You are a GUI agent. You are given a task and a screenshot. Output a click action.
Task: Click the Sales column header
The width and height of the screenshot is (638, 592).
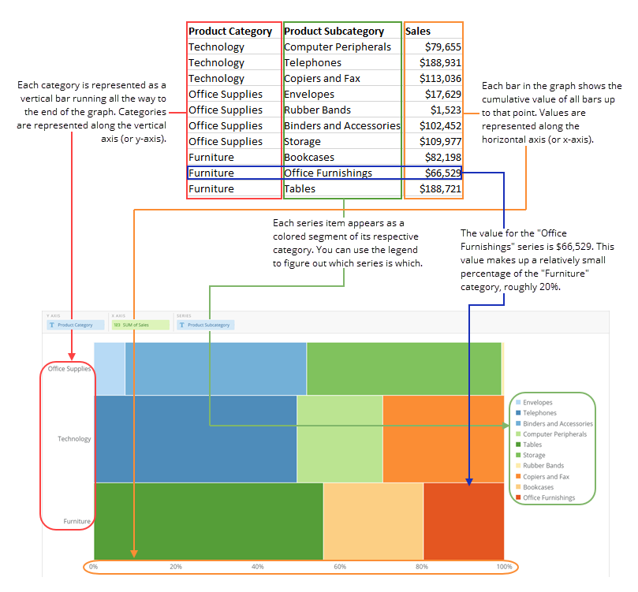point(418,32)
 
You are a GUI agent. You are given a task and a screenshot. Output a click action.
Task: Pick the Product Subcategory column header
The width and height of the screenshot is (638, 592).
point(334,32)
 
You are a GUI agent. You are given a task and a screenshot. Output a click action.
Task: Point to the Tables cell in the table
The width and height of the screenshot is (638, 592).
point(300,189)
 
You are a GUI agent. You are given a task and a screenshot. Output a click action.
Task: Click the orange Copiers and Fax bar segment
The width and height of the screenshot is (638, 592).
point(442,438)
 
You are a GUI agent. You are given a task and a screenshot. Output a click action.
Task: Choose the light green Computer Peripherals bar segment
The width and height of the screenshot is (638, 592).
point(339,438)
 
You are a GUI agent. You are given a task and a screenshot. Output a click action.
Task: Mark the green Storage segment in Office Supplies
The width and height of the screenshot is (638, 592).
point(404,368)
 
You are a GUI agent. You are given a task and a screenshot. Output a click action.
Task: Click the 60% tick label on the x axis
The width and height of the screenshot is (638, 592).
point(340,567)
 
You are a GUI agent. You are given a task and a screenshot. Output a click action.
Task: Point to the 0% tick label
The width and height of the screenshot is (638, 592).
point(93,567)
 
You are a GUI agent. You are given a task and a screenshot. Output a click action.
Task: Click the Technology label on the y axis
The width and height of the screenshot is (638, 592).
point(74,439)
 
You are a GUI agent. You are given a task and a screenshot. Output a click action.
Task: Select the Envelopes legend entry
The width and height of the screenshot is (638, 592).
point(537,403)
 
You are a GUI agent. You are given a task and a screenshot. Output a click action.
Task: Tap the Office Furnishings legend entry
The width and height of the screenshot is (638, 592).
point(548,498)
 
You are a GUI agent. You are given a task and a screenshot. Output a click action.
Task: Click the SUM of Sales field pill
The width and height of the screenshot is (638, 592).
point(140,325)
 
